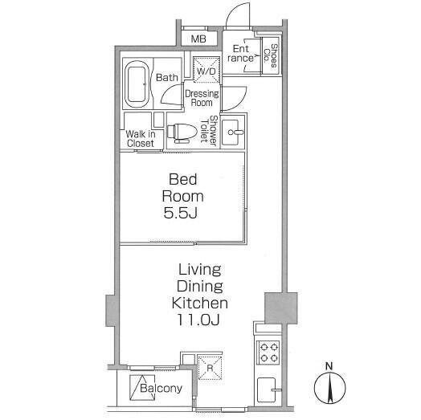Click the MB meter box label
tap(198, 39)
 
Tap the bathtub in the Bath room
tap(137, 84)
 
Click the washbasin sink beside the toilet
tap(233, 132)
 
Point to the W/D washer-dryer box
tap(206, 70)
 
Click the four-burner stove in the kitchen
tap(269, 353)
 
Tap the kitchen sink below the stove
tap(267, 389)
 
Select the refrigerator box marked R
tap(210, 368)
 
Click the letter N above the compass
tap(329, 366)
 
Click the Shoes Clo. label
tap(271, 56)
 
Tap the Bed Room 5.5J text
tap(183, 196)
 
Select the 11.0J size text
tap(198, 320)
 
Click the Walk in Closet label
tap(141, 138)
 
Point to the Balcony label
tap(161, 388)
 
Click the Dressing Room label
tap(202, 98)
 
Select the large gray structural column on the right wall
tap(281, 308)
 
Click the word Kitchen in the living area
tap(200, 303)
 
